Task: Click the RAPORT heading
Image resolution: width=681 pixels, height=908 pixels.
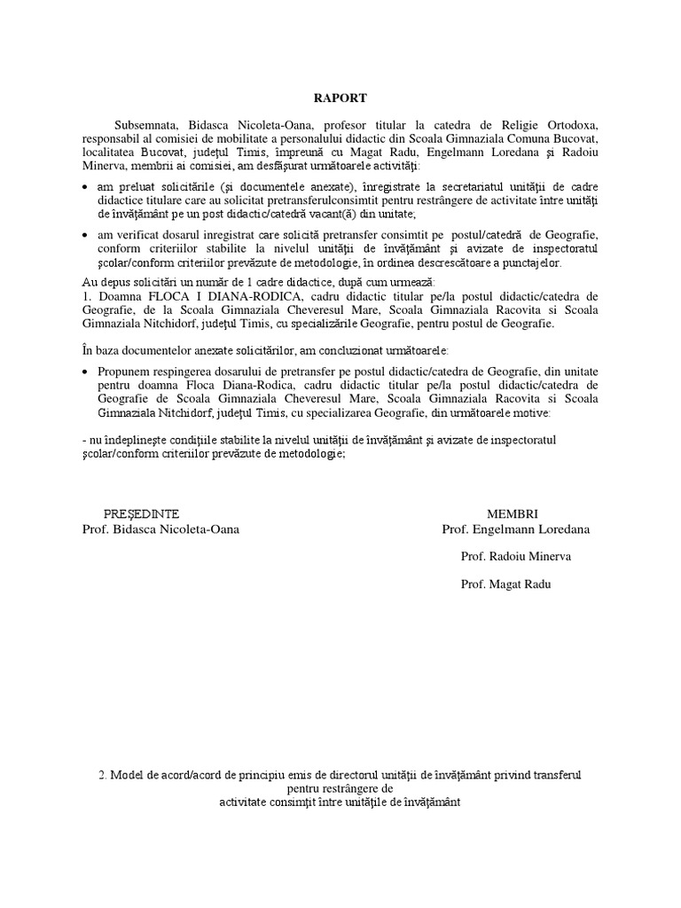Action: [x=340, y=98]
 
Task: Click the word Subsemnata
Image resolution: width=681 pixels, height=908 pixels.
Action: [x=144, y=125]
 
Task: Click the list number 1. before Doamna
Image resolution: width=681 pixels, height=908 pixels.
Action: [x=85, y=295]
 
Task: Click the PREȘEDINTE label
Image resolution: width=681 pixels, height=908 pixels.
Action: [x=142, y=513]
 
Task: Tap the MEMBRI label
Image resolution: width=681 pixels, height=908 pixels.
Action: [x=513, y=513]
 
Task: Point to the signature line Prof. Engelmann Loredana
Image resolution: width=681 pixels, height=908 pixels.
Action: [x=516, y=529]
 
